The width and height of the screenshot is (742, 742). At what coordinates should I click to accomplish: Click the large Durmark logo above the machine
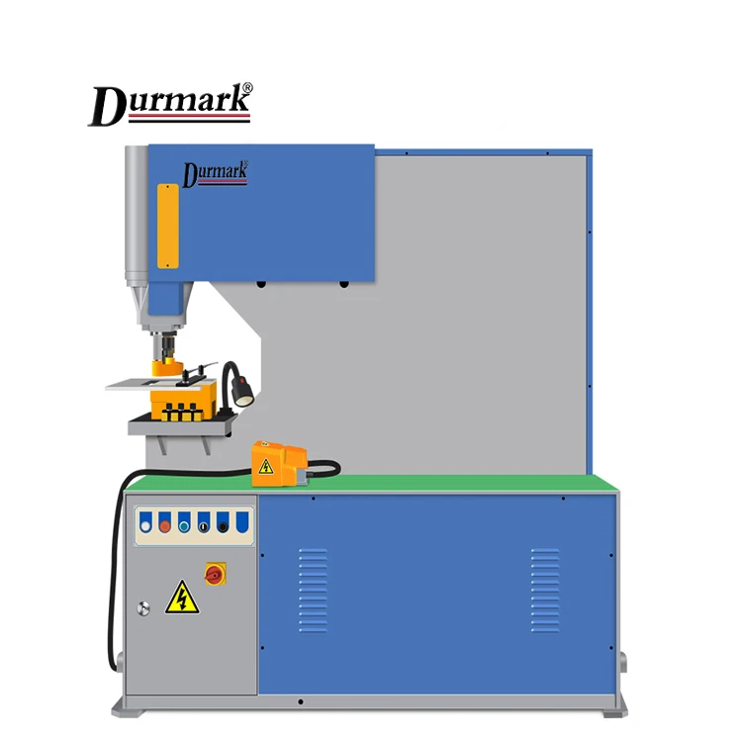[170, 105]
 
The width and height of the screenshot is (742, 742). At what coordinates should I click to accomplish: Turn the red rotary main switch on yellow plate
[213, 572]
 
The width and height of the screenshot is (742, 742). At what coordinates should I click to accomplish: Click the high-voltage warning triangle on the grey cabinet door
[181, 597]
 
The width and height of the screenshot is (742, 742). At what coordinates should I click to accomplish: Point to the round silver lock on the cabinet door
[143, 607]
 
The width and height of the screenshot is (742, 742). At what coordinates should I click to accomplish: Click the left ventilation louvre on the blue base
[313, 594]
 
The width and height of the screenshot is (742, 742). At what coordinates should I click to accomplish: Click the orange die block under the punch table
[183, 401]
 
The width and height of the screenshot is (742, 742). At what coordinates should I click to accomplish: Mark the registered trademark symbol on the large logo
[246, 89]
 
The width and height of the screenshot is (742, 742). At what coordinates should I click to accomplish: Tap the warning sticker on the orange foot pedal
[266, 466]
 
